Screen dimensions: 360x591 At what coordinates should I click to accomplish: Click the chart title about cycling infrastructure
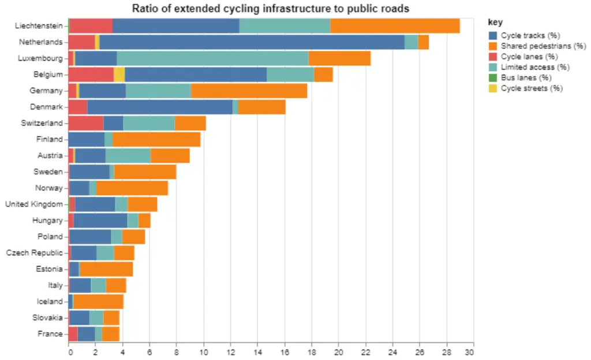click(x=271, y=8)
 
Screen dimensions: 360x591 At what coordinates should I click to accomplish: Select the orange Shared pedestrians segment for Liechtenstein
click(x=395, y=26)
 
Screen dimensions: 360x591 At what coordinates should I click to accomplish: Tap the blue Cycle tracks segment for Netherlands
click(x=252, y=42)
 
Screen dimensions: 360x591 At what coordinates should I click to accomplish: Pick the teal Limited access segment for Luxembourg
click(x=212, y=58)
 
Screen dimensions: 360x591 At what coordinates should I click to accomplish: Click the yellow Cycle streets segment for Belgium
click(x=119, y=74)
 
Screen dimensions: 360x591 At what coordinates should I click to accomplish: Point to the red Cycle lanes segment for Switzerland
click(x=86, y=123)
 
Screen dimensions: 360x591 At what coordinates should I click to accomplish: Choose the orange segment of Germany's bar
click(x=249, y=91)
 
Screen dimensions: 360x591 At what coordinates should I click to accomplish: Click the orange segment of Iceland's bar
click(x=98, y=301)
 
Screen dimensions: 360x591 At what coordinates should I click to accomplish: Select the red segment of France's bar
click(x=73, y=333)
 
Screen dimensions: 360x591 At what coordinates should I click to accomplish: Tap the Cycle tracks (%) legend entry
click(x=522, y=36)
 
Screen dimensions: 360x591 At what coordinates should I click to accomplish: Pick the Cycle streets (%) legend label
click(x=532, y=88)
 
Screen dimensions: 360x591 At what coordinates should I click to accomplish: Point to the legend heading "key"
click(x=495, y=22)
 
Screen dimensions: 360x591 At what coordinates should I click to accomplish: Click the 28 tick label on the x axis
click(x=446, y=352)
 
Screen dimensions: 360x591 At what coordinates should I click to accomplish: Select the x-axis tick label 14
click(x=257, y=352)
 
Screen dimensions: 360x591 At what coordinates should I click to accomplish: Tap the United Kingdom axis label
click(x=33, y=204)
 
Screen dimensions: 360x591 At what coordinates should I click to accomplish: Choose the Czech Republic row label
click(x=34, y=253)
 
